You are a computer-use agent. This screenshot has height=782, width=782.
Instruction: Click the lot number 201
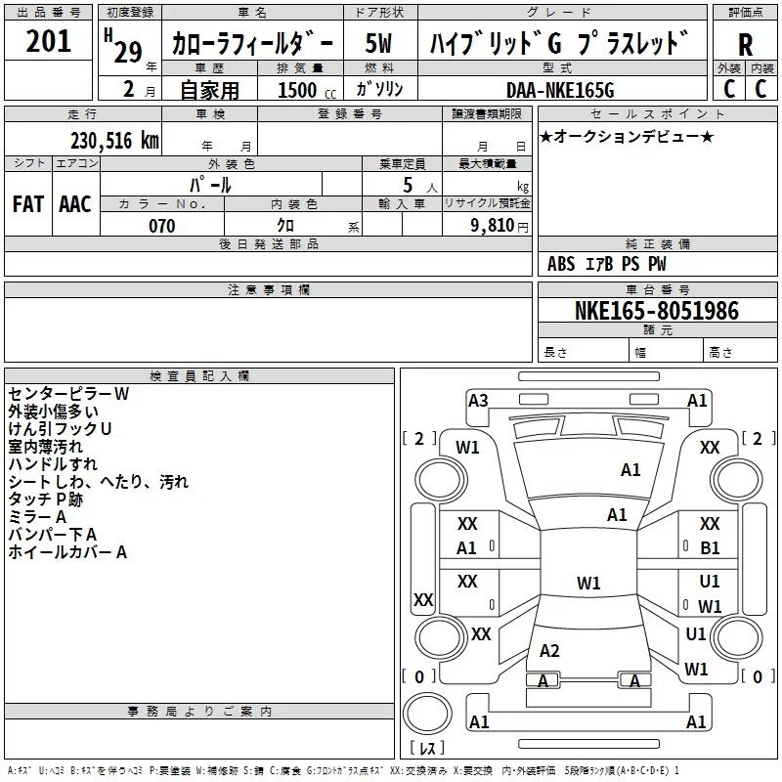click(x=48, y=41)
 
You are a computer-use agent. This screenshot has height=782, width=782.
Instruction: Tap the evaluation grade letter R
click(x=745, y=45)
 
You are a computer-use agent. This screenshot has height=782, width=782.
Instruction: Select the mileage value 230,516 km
click(x=114, y=141)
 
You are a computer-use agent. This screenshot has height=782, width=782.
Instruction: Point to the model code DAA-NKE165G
click(x=560, y=90)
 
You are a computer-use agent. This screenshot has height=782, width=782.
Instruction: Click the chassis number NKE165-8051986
click(x=657, y=311)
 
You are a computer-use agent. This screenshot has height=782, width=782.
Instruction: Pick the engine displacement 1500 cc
click(x=307, y=90)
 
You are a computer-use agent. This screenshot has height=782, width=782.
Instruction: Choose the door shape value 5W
click(x=378, y=43)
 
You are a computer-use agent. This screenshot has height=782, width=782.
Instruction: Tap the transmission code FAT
click(x=28, y=204)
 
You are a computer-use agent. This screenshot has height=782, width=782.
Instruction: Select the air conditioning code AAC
click(x=75, y=204)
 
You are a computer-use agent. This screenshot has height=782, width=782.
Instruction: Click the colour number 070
click(x=162, y=226)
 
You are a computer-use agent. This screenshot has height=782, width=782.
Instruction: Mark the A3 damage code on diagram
click(x=478, y=401)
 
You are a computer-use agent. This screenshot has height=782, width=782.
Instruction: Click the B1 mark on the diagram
click(x=710, y=548)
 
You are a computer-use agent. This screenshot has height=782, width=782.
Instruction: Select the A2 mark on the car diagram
click(x=549, y=650)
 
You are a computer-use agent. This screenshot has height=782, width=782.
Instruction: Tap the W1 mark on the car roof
click(x=588, y=583)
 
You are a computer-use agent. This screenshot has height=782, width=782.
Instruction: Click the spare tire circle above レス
click(x=427, y=714)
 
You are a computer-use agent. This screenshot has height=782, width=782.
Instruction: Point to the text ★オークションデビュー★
click(x=627, y=136)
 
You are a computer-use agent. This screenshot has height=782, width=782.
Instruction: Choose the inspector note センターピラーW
click(x=68, y=394)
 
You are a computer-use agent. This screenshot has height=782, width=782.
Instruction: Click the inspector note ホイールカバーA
click(x=67, y=552)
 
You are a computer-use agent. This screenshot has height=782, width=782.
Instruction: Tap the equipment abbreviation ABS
click(x=561, y=264)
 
